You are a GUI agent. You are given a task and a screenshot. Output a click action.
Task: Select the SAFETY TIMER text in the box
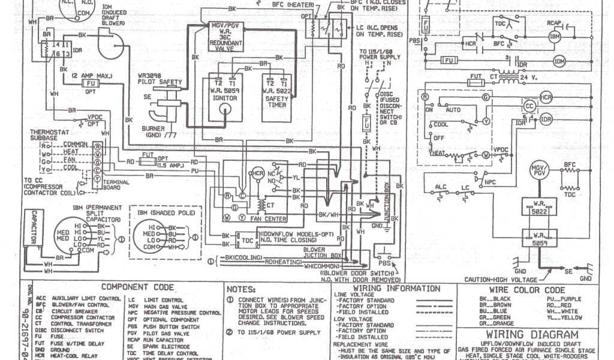pos(276,98)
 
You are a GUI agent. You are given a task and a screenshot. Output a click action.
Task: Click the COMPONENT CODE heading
pos(137,287)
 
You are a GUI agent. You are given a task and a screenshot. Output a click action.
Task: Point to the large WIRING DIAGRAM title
pos(532,335)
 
